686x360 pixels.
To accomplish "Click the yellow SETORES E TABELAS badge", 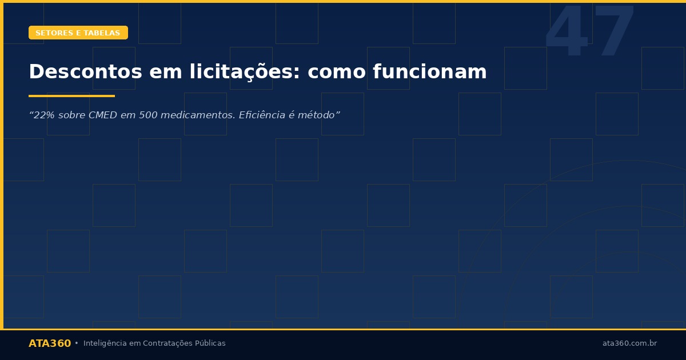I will point(78,33).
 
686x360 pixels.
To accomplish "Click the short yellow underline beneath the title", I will point(71,96).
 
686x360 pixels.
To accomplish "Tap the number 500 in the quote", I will point(143,115).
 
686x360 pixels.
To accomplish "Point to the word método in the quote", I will point(317,115).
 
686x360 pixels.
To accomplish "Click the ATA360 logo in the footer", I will point(50,343).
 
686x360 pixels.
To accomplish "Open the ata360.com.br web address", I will point(629,343).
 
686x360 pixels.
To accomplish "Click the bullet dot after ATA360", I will point(77,343).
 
